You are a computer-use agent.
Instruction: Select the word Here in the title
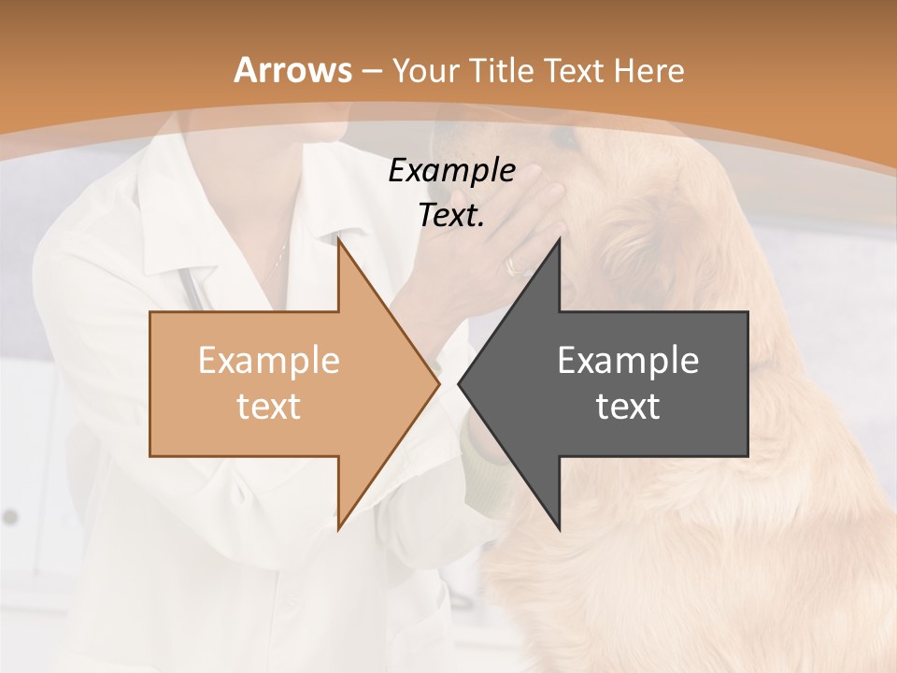(648, 71)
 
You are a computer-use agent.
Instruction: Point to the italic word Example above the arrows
(451, 170)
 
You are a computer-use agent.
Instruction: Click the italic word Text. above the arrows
(451, 215)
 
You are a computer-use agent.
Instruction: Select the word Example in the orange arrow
(268, 361)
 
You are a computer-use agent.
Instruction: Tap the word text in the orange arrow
(268, 407)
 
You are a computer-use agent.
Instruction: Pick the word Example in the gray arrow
(628, 361)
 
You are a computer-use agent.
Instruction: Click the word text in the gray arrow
(628, 407)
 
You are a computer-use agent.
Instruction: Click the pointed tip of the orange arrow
(439, 383)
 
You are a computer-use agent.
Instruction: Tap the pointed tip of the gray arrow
(459, 383)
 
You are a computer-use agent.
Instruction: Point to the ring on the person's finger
(515, 265)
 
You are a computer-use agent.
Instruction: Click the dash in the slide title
(371, 71)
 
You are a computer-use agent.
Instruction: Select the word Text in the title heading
(574, 71)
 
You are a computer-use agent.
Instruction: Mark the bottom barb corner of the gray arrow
(559, 529)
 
